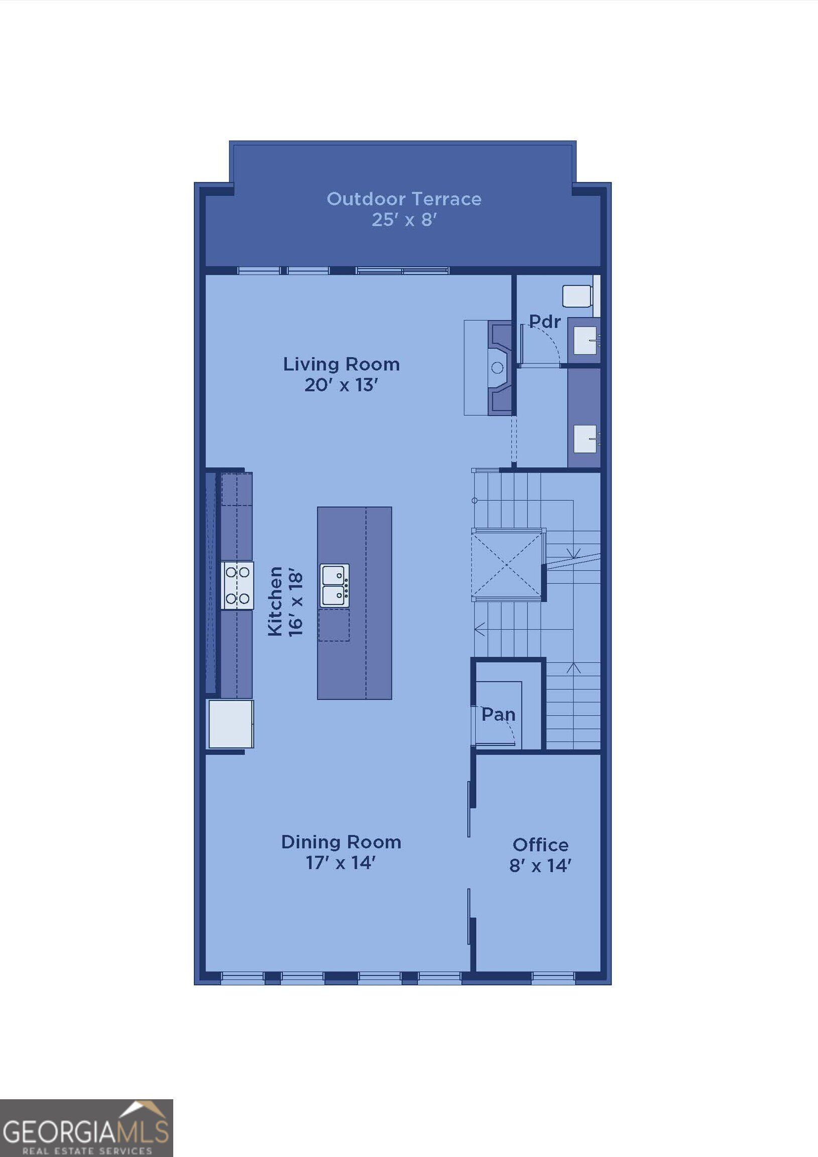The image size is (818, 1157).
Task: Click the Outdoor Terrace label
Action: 404,199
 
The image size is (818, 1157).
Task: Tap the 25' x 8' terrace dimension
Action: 404,220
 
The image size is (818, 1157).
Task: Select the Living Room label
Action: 341,364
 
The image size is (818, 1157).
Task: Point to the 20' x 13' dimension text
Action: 341,385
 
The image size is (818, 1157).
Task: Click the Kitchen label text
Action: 275,601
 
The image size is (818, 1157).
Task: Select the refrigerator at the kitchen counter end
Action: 231,724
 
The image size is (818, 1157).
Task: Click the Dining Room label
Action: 341,842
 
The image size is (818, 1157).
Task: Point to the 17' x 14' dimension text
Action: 341,863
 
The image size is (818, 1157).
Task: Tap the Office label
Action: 540,845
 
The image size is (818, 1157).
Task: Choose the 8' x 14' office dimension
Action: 540,866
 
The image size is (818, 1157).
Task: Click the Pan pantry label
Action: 498,715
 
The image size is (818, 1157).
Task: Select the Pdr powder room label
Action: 544,321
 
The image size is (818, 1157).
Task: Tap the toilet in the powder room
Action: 577,296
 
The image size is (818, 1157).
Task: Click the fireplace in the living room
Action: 499,369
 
